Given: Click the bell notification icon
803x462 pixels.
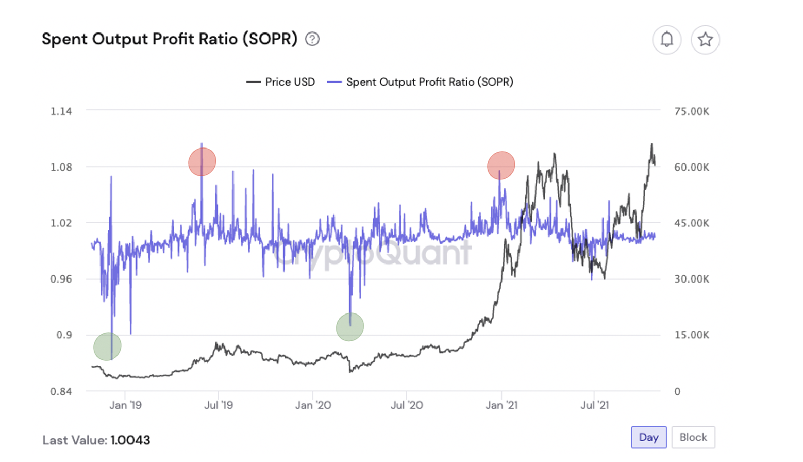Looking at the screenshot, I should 666,40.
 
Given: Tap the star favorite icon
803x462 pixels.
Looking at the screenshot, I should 705,40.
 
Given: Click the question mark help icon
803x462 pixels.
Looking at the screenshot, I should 312,39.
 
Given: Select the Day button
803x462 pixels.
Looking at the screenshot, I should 648,437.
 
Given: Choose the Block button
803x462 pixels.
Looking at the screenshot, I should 693,437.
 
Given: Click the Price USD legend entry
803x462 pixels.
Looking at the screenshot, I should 281,82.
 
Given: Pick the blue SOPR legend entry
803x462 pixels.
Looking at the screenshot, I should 421,82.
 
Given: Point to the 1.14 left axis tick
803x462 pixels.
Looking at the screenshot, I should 61,111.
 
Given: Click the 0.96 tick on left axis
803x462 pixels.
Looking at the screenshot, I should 61,279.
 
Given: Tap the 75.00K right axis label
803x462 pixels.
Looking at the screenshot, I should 691,111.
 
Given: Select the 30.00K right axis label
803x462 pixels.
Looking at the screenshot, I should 691,279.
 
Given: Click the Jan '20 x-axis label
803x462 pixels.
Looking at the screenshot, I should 313,405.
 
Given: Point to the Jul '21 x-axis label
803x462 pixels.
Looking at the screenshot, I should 594,405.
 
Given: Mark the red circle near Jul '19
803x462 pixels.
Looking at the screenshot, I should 202,162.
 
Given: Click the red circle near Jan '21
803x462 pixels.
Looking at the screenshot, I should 501,166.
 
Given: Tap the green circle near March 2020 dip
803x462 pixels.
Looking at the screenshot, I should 350,327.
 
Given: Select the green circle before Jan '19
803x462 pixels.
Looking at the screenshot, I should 107,346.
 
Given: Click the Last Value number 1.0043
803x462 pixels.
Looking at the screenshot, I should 130,440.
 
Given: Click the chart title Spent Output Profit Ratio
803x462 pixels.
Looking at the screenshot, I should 169,39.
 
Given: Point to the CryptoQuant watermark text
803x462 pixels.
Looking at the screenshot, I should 372,253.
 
